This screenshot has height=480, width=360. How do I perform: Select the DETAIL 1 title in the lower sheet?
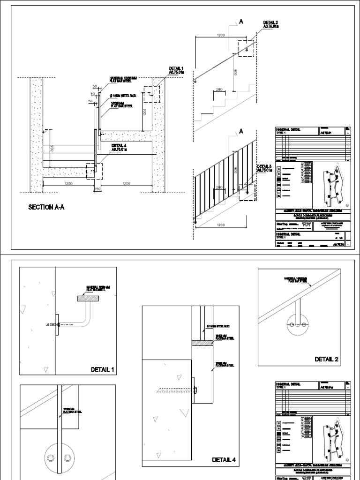(x=102, y=370)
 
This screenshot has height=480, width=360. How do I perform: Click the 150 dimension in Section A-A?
(x=97, y=189)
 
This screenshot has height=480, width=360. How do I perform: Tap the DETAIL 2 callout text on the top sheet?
(x=270, y=25)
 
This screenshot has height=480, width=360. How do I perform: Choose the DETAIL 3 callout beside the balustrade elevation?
(x=264, y=169)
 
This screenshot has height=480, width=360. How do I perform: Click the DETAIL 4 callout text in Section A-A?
(x=119, y=148)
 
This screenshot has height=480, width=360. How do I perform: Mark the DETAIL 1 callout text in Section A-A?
(x=176, y=71)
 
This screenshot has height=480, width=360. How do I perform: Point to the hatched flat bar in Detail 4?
(x=202, y=343)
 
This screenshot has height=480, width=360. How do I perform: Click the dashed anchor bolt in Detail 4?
(x=173, y=389)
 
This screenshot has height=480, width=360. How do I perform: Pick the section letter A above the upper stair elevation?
(x=242, y=22)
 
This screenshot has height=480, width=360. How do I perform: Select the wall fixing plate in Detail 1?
(x=57, y=324)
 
